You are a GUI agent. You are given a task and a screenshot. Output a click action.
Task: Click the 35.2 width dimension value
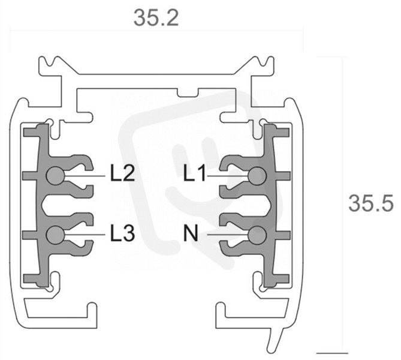156,17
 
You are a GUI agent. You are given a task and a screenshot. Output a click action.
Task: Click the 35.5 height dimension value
370,203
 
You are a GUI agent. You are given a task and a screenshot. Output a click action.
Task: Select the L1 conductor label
195,173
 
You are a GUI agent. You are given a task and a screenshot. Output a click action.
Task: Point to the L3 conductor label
122,233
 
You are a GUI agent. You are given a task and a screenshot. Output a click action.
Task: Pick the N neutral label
191,233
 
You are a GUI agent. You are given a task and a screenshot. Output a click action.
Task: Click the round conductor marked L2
55,176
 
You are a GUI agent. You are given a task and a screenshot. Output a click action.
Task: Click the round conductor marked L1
258,176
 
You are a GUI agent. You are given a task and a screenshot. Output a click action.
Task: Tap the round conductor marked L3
55,235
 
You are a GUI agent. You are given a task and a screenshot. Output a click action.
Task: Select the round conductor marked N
258,235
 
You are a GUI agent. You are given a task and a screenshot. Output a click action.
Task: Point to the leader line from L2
85,176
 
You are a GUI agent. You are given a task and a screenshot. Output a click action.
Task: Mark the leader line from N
228,234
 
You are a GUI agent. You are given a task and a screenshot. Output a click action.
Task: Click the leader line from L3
85,235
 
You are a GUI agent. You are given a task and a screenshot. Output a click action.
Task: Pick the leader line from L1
228,176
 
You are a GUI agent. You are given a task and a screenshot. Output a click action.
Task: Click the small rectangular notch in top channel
188,92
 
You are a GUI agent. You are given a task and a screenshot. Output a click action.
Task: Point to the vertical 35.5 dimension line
342,205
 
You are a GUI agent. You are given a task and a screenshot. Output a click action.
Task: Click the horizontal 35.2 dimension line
156,31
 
